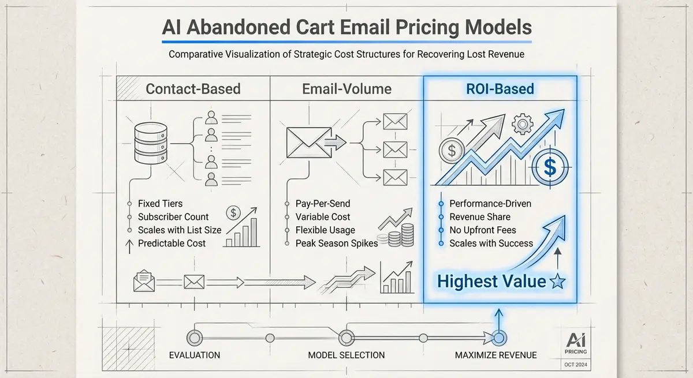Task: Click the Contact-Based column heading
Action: click(x=193, y=89)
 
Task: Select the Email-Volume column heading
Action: click(x=346, y=89)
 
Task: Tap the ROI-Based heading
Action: click(x=500, y=89)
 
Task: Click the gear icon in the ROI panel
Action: click(x=521, y=123)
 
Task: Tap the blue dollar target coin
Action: click(x=550, y=168)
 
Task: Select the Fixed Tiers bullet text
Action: click(x=160, y=204)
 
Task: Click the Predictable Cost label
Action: click(x=172, y=243)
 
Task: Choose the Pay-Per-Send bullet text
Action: click(x=323, y=204)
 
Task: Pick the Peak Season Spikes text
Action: click(x=337, y=243)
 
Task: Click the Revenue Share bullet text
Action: click(x=480, y=217)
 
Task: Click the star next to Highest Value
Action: click(x=558, y=282)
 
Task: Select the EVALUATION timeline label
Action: click(x=194, y=355)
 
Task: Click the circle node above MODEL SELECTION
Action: click(x=346, y=338)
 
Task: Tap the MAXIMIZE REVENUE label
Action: click(x=495, y=355)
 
